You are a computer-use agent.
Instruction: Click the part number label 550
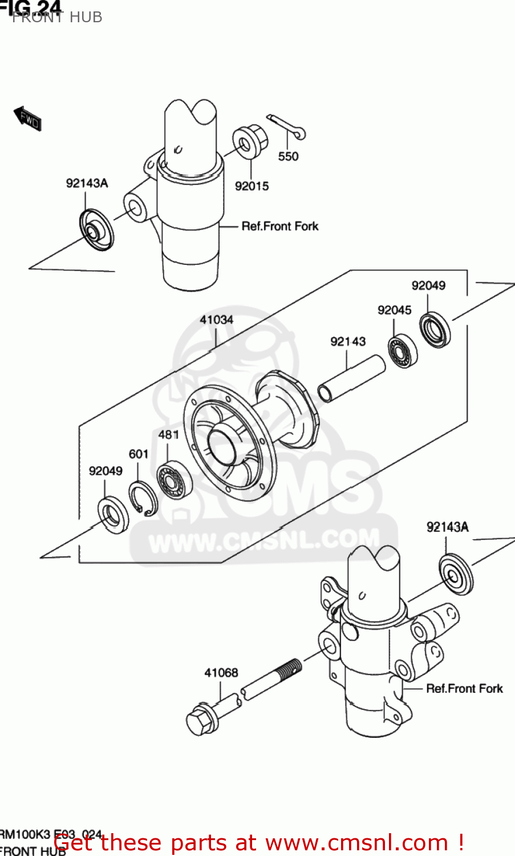[288, 156]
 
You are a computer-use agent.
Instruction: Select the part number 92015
[252, 186]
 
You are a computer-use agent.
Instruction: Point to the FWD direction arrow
[27, 118]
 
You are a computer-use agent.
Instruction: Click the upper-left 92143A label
[87, 183]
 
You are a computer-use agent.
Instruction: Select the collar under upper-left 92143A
[96, 230]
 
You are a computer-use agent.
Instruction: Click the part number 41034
[216, 320]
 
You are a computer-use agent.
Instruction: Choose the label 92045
[394, 310]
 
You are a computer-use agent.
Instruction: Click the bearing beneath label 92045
[403, 351]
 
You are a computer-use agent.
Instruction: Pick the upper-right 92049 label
[428, 285]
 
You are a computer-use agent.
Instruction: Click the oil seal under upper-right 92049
[435, 329]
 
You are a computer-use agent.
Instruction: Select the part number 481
[169, 435]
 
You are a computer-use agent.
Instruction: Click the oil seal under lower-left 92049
[113, 515]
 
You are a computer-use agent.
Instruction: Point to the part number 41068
[221, 673]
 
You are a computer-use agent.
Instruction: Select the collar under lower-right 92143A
[456, 574]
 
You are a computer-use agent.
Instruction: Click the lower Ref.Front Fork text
[464, 689]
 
